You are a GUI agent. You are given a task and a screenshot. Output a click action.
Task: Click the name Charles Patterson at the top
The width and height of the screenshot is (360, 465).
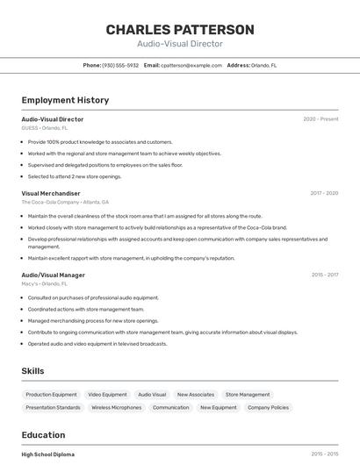[x=180, y=29]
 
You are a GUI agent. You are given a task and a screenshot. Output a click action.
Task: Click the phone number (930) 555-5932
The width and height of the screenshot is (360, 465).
[x=120, y=65]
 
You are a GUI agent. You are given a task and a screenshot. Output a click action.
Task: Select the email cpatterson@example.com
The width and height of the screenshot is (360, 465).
[x=190, y=65]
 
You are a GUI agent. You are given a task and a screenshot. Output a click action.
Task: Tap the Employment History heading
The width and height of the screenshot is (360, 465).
[x=65, y=100]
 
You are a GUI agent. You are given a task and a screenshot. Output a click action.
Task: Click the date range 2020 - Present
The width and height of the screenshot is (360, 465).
[x=320, y=119]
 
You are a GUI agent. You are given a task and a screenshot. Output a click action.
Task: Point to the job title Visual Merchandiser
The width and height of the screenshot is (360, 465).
[x=51, y=193]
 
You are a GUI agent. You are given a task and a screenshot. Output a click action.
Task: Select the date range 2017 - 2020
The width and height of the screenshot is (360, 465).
[x=324, y=193]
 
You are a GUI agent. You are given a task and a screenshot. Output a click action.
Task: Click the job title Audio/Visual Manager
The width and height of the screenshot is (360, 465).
[x=54, y=275]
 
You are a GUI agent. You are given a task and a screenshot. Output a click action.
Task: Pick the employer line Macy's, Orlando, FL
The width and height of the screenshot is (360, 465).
[x=45, y=283]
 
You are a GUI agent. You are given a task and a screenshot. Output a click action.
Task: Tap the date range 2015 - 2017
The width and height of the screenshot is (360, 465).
[x=324, y=275]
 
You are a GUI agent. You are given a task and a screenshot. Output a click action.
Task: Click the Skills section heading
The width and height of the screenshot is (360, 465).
[x=32, y=371]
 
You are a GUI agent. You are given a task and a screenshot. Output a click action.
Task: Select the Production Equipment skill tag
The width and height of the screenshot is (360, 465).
[x=51, y=395]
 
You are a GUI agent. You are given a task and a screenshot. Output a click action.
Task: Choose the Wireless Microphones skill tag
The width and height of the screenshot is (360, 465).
[x=116, y=408]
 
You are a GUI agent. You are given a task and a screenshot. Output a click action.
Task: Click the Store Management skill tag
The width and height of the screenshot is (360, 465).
[x=248, y=395]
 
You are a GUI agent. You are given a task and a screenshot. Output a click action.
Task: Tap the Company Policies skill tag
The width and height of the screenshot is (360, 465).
[x=268, y=408]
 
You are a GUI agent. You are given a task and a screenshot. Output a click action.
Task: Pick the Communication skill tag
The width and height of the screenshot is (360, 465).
[x=170, y=408]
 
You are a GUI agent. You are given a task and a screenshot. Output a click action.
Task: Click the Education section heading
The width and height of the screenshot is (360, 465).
[x=43, y=435]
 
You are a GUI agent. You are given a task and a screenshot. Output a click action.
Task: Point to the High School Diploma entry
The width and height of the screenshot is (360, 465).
[x=48, y=454]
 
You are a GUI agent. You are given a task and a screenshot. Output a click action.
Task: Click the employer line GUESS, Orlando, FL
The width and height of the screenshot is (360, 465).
[x=45, y=128]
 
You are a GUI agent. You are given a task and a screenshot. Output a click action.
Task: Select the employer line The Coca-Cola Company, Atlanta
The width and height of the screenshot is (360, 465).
[x=65, y=202]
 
